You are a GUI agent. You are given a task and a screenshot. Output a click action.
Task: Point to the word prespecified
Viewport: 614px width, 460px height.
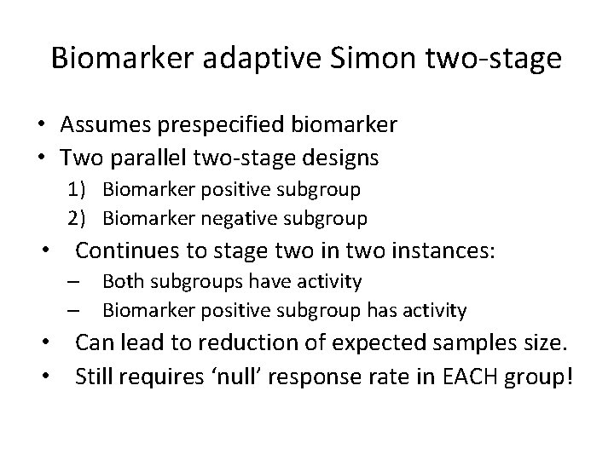coord(209,126)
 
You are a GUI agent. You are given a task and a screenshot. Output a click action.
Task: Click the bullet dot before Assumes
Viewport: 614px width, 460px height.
coord(42,126)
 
